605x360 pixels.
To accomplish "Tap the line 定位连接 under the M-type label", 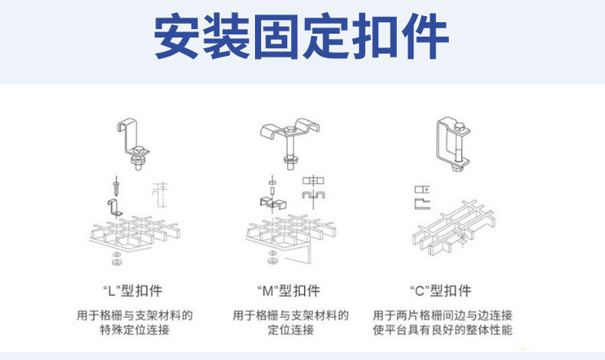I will (x=290, y=330).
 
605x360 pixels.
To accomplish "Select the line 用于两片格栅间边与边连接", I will (x=442, y=315).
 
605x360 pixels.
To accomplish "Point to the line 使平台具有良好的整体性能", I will (x=442, y=330).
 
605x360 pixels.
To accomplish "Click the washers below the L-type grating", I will (x=116, y=257).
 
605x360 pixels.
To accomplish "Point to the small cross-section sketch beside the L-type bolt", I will (x=160, y=195).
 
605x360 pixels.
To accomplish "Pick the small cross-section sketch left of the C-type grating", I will (x=421, y=196).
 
